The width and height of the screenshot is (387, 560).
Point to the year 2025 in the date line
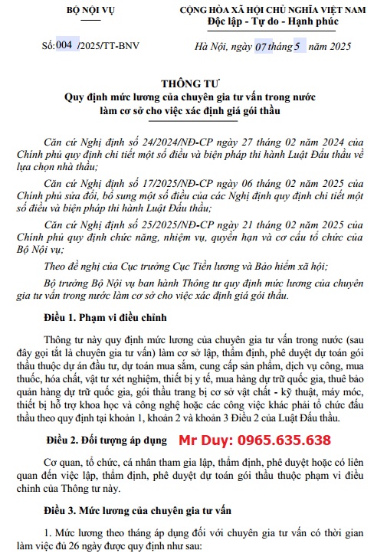[x=335, y=47]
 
